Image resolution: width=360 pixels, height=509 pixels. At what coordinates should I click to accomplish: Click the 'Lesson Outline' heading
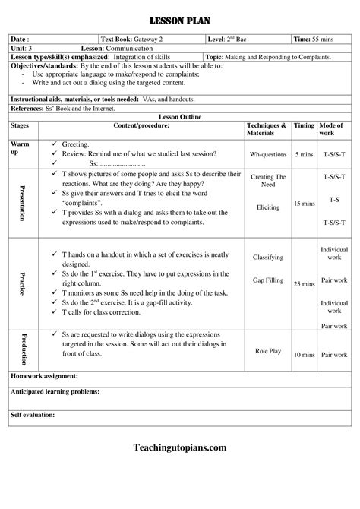pos(180,116)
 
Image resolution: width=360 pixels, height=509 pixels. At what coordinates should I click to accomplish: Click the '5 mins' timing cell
pos(303,153)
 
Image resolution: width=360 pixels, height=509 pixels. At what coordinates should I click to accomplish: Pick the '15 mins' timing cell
pos(303,204)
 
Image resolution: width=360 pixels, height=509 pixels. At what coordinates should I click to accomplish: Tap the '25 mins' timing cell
pos(303,283)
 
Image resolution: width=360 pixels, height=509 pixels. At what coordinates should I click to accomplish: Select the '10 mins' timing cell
pos(303,354)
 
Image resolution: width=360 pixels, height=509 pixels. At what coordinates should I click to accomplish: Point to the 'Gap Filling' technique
pos(268,280)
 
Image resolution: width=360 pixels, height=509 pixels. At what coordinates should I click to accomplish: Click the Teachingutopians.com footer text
pos(179,447)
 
